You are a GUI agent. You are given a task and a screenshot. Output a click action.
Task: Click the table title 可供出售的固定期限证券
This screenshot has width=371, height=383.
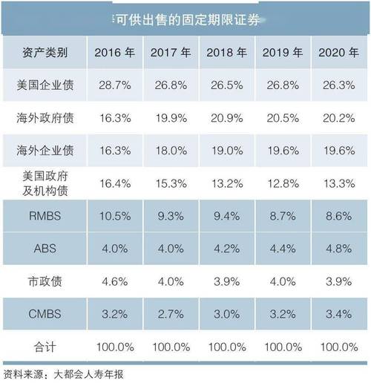[186, 17]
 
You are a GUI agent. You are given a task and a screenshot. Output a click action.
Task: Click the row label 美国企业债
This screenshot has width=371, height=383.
[45, 85]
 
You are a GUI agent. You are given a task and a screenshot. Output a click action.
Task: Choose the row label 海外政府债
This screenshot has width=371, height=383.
[45, 117]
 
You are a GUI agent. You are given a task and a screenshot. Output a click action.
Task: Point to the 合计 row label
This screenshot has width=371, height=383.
[45, 347]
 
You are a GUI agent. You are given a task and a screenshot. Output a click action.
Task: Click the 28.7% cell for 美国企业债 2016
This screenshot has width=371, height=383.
[114, 85]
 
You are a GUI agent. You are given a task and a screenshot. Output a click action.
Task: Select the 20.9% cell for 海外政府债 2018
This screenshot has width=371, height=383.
[226, 117]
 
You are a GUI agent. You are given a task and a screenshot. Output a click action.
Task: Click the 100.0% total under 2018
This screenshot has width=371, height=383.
[226, 347]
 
